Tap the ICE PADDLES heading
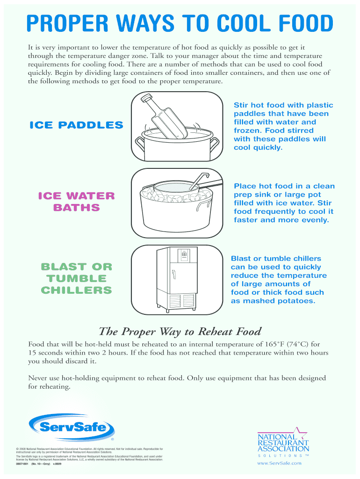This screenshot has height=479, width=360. [x=76, y=125]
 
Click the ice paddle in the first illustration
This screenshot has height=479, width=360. [x=164, y=117]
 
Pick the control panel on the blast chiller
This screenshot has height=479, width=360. [x=184, y=255]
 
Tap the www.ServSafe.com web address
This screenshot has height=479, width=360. [x=280, y=463]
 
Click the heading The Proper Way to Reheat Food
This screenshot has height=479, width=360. [x=180, y=332]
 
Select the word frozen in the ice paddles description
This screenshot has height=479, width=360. [x=246, y=131]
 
